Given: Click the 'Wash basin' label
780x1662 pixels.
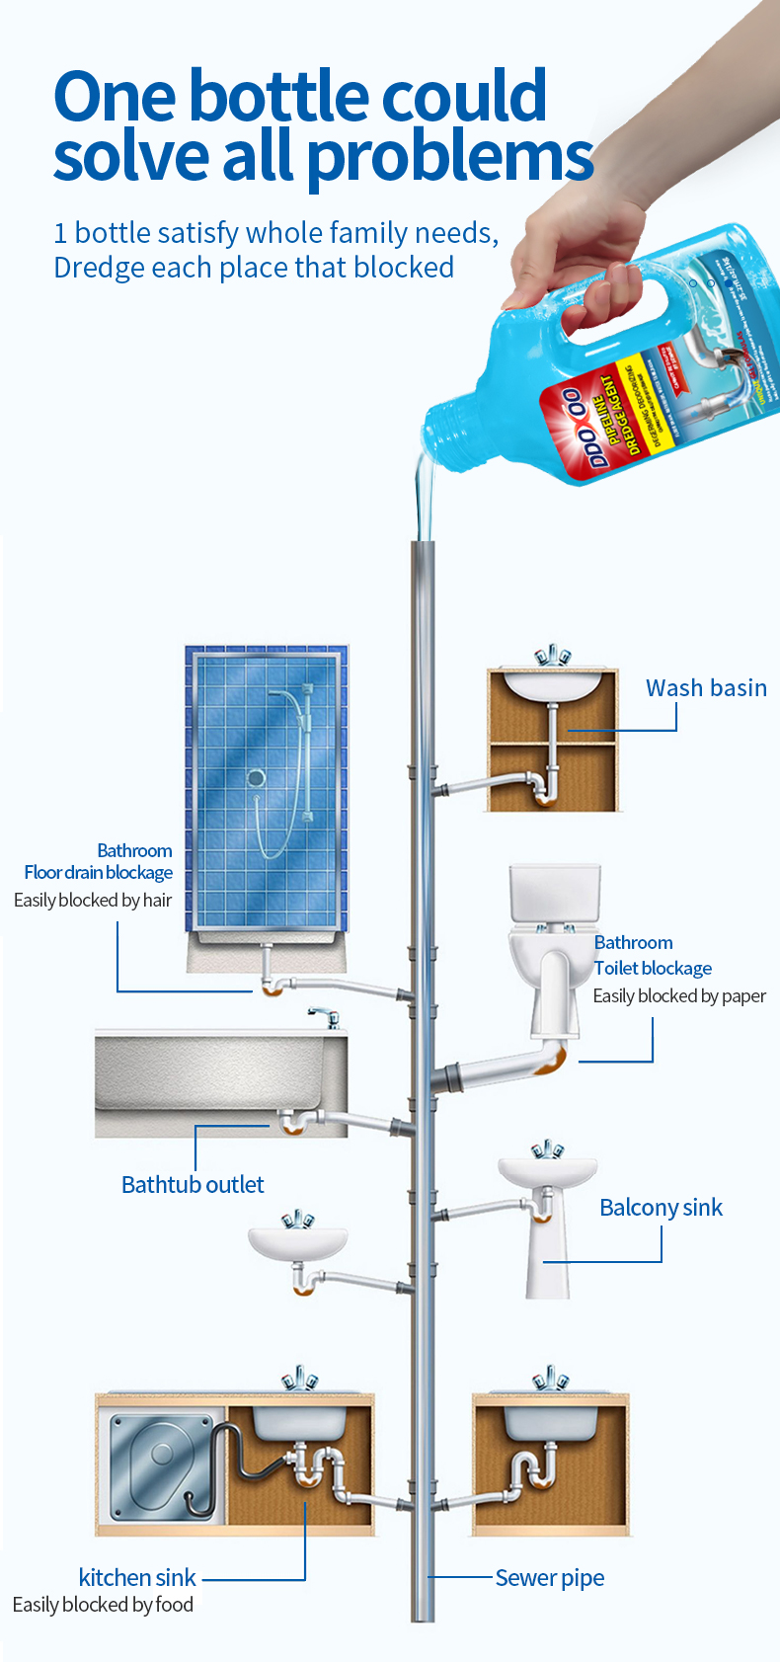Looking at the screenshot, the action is click(x=706, y=688).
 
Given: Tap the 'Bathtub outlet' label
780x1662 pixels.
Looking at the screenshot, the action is click(x=193, y=1185).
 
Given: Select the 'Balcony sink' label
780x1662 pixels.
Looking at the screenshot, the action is click(x=661, y=1208).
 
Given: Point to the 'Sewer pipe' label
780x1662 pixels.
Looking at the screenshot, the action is click(x=550, y=1578).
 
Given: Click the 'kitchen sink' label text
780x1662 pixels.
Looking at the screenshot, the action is click(x=137, y=1578).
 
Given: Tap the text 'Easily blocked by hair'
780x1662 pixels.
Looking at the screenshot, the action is click(x=93, y=901).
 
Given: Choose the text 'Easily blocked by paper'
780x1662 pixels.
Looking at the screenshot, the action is click(x=679, y=996).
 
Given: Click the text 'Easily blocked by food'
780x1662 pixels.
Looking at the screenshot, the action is click(x=103, y=1605).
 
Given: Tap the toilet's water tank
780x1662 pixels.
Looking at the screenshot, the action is click(x=555, y=893).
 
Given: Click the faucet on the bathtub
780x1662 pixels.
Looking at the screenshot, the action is click(x=325, y=1017).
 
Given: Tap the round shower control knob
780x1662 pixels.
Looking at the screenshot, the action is click(x=256, y=778).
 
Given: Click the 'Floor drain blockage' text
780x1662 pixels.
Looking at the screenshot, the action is click(x=99, y=873).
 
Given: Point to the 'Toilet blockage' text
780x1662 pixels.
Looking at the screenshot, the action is click(x=654, y=969).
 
